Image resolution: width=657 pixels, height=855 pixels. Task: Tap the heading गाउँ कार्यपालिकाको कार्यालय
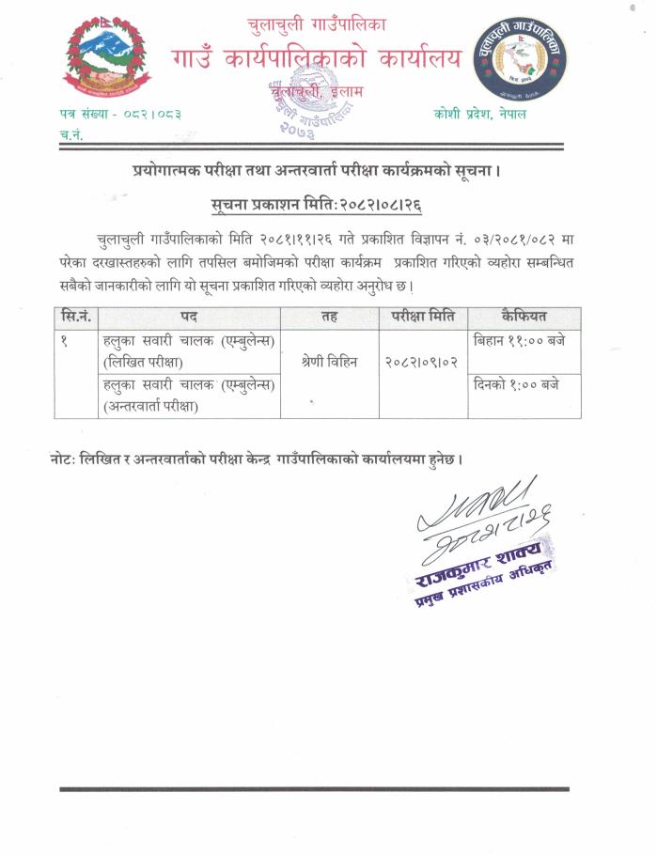point(317,59)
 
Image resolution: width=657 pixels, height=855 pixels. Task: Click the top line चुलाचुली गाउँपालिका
point(316,23)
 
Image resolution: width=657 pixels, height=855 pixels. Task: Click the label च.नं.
point(70,135)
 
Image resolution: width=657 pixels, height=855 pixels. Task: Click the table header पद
point(188,318)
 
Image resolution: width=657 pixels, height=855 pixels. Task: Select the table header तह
point(330,318)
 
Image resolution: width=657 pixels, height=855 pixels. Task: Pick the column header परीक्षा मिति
point(423,318)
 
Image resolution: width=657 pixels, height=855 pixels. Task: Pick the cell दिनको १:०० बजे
point(520,384)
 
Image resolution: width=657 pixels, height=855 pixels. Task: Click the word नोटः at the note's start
point(70,459)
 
